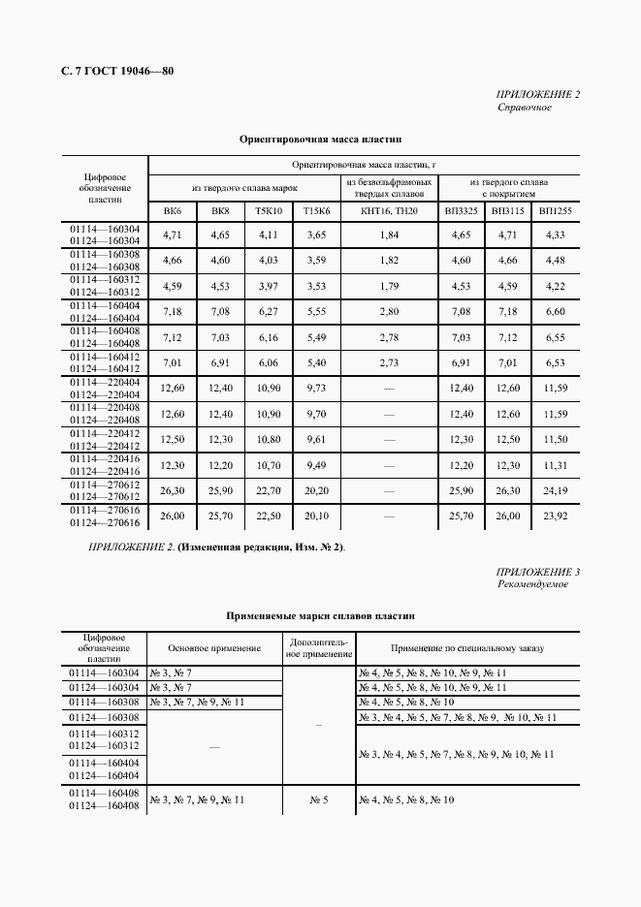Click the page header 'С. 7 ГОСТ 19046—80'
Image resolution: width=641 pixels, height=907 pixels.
point(109,71)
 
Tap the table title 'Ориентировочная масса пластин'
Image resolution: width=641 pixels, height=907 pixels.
point(320,140)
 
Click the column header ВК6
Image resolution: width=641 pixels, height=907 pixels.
point(172,210)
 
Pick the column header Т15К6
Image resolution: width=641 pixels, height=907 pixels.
point(316,210)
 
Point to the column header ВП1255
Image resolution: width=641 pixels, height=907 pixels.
point(555,210)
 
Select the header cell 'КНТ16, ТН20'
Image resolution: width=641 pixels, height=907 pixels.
point(389,210)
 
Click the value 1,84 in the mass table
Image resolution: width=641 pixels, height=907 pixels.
point(389,235)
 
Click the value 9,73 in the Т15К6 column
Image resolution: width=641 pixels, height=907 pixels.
point(316,388)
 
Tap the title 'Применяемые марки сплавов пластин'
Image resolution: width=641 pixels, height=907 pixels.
point(320,615)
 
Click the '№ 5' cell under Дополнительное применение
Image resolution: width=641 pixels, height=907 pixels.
point(320,799)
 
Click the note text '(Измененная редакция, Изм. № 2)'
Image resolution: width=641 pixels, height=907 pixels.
point(261,547)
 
